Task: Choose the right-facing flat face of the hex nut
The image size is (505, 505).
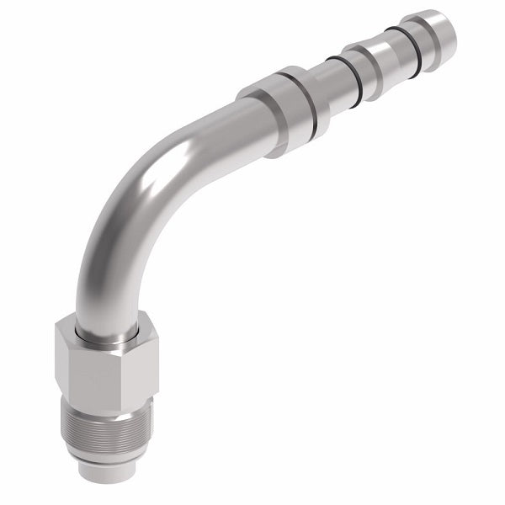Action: pyautogui.click(x=135, y=363)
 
